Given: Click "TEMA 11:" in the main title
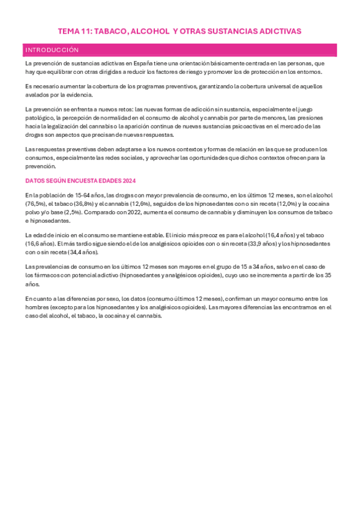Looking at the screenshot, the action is click(74, 31).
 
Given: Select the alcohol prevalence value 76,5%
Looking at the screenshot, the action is click(35, 203).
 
